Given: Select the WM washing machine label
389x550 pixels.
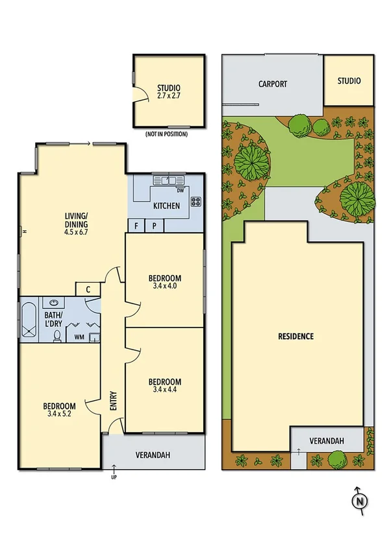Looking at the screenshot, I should coord(79,337).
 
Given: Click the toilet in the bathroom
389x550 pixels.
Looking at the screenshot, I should coord(56,335).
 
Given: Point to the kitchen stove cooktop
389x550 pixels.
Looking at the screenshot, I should coord(195,202).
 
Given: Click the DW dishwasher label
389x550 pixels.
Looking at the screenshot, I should coord(180,190).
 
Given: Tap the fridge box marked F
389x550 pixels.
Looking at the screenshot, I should coord(136,226).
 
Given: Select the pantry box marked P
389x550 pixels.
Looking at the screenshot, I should coord(155,226).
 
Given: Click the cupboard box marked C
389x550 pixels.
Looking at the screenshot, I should coord(86,289).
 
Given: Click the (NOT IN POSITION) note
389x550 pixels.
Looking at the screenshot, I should coord(166,134).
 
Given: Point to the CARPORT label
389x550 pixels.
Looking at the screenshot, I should coord(272,84).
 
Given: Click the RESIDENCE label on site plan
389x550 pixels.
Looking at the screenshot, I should coord(295,336).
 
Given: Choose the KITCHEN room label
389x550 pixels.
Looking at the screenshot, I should coord(166,206).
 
